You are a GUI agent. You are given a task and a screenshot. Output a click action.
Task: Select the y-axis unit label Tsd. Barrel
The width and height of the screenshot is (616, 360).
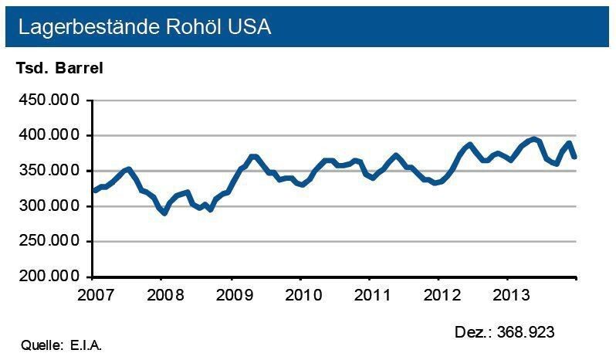click(x=59, y=67)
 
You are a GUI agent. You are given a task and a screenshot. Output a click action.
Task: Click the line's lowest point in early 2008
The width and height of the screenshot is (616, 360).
click(x=164, y=212)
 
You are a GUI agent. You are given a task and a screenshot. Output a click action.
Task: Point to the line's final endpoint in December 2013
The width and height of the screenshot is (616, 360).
click(x=574, y=157)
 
